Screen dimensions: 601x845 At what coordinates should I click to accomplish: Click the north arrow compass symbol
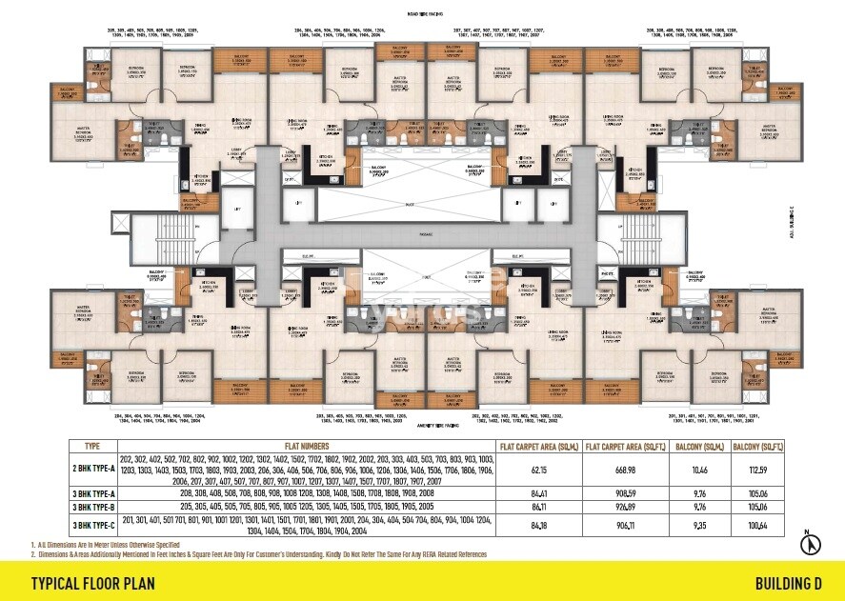pyautogui.click(x=812, y=545)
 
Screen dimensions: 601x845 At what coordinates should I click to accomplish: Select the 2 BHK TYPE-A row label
pyautogui.click(x=93, y=470)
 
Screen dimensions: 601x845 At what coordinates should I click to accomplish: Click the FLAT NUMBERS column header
pyautogui.click(x=304, y=446)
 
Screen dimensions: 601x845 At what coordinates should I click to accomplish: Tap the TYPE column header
pyautogui.click(x=93, y=446)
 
